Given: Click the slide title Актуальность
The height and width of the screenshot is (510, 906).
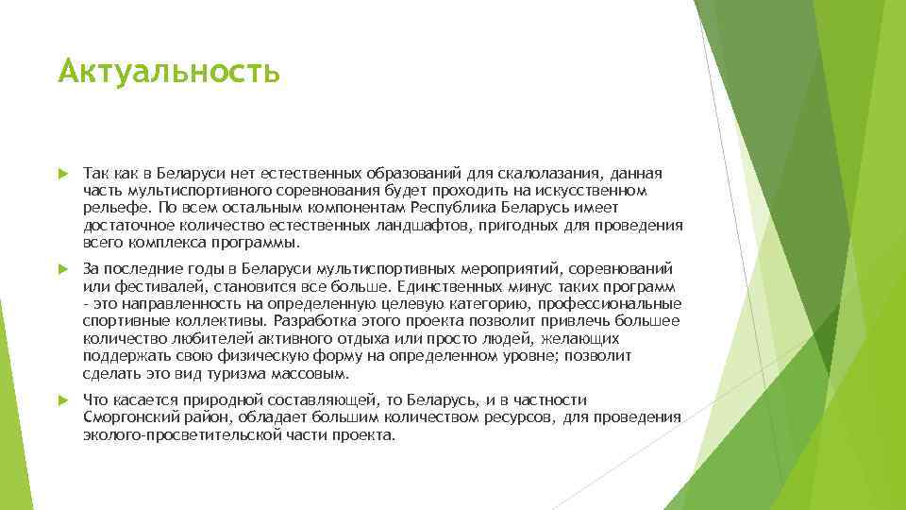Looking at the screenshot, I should tap(169, 72).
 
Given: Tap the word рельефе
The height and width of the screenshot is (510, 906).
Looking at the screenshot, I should tap(110, 209).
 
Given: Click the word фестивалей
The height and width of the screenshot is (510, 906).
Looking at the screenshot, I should tap(143, 286).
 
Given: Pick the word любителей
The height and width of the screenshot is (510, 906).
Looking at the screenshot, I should tap(197, 337).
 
